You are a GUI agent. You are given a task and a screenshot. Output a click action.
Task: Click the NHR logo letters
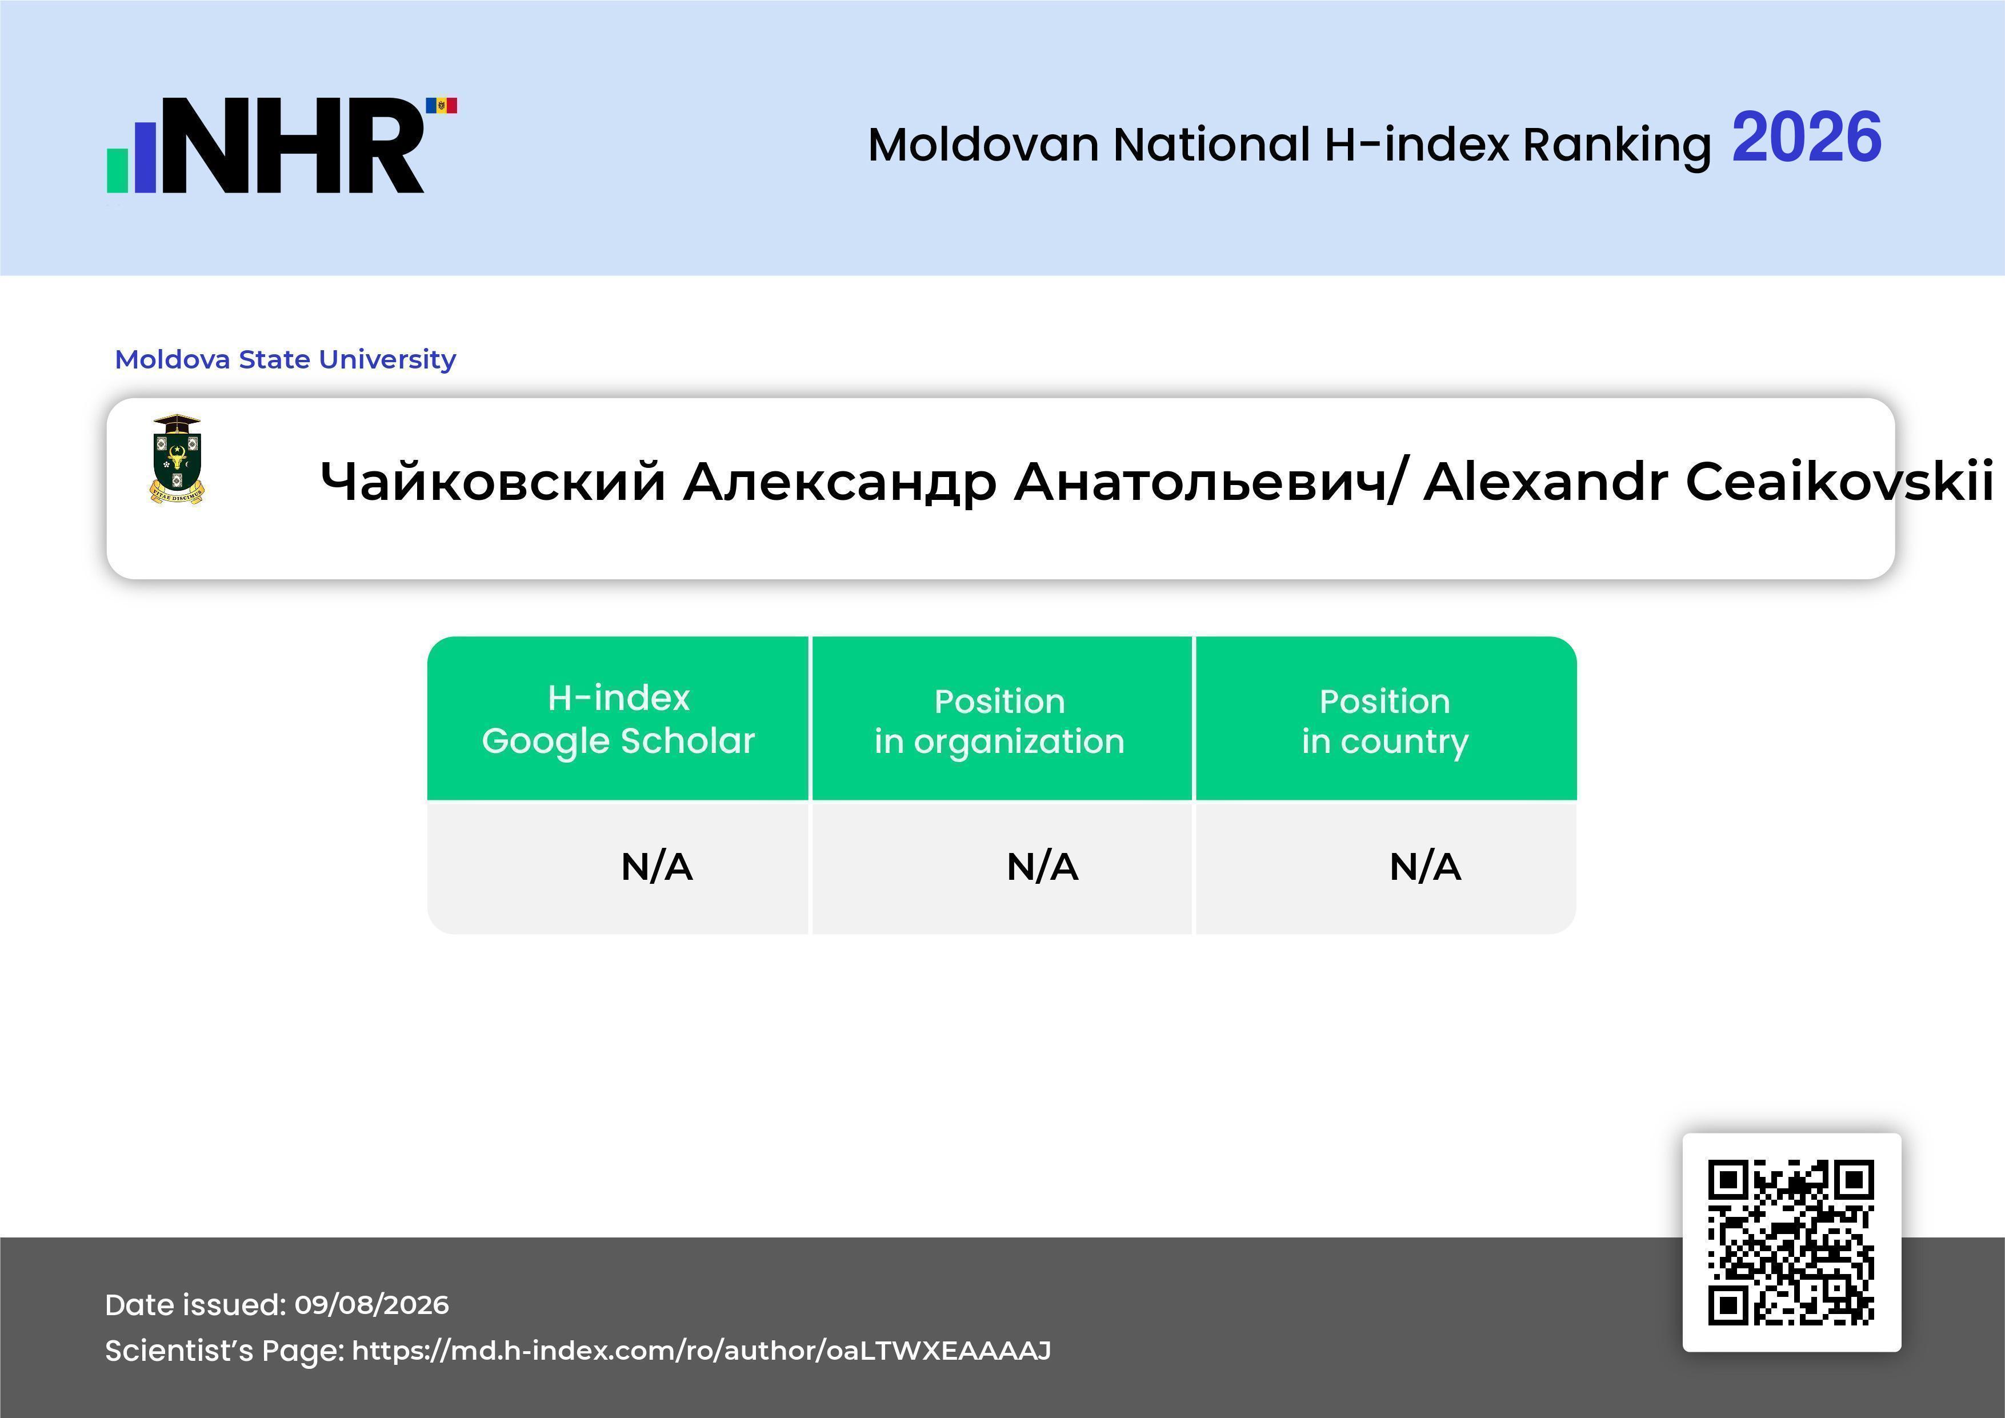[293, 145]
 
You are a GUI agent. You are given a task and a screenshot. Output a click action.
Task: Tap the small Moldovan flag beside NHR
[441, 106]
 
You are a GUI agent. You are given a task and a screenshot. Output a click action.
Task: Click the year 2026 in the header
[1806, 137]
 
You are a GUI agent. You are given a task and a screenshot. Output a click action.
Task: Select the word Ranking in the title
[1616, 145]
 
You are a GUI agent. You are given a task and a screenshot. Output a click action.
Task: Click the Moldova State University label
[286, 359]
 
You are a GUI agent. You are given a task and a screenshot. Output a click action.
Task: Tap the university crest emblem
[177, 459]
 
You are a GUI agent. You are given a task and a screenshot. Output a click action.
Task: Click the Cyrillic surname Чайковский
[493, 482]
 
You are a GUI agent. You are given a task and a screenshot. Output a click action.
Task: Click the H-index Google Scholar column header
[618, 719]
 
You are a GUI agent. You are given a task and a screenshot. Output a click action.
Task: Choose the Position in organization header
[1000, 721]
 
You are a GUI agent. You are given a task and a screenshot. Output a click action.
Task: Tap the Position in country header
[1385, 721]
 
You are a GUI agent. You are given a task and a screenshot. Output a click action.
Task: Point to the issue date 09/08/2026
[371, 1304]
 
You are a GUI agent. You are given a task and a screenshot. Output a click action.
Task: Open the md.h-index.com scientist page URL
[701, 1351]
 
